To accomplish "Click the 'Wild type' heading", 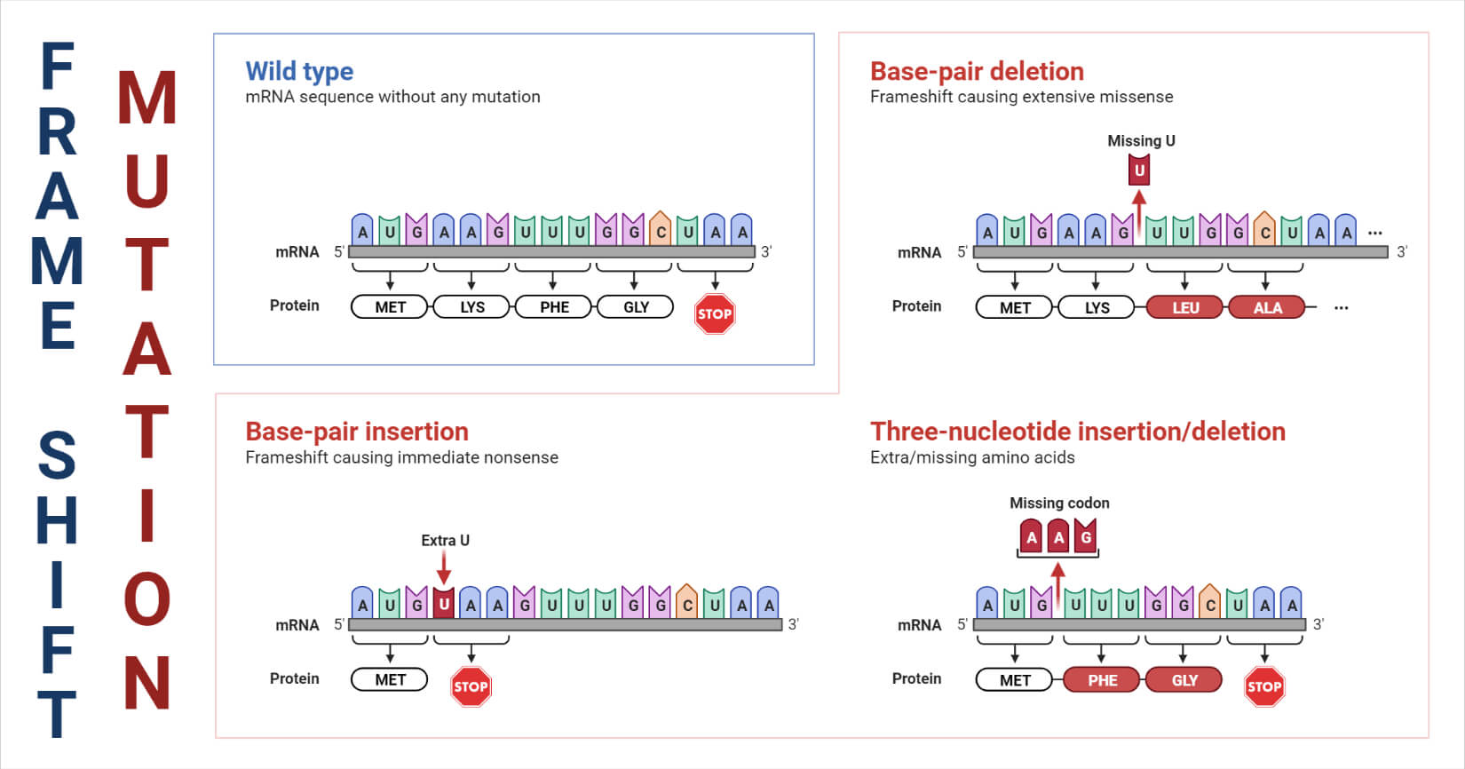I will (x=299, y=71).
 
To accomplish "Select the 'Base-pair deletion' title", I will (x=977, y=71).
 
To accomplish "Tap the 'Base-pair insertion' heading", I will (x=357, y=432).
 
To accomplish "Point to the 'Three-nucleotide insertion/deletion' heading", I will (x=1077, y=432).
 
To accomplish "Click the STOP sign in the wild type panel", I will (x=715, y=313).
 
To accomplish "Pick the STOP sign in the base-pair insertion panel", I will (x=471, y=686).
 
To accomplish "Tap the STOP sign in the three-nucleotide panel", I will (x=1264, y=686).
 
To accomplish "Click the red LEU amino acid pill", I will (x=1185, y=308).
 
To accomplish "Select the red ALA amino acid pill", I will (x=1267, y=308).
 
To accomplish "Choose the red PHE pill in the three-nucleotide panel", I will (x=1103, y=680).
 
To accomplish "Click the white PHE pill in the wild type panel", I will (x=555, y=307).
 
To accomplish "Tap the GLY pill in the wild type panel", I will (x=636, y=307).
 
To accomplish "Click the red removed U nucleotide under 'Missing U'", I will (x=1139, y=170).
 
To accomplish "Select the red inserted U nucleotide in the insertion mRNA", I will (x=444, y=604).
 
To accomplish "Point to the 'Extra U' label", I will (x=445, y=540).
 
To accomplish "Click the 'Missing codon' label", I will (x=1059, y=503).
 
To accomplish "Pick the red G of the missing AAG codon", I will (x=1086, y=536).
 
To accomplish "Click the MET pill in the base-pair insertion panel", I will (x=390, y=680).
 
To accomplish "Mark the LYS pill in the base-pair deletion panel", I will (x=1097, y=308).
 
